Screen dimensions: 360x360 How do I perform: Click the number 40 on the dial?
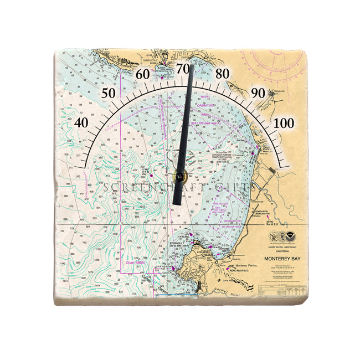[x=81, y=122]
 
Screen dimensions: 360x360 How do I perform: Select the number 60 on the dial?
[x=143, y=74]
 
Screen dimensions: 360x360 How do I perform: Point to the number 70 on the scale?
[x=183, y=68]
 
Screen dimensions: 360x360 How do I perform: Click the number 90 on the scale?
[x=258, y=92]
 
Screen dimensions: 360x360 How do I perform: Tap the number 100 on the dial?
[x=284, y=123]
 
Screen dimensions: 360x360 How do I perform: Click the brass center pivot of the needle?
[x=179, y=177]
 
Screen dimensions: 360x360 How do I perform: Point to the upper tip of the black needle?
[x=191, y=66]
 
